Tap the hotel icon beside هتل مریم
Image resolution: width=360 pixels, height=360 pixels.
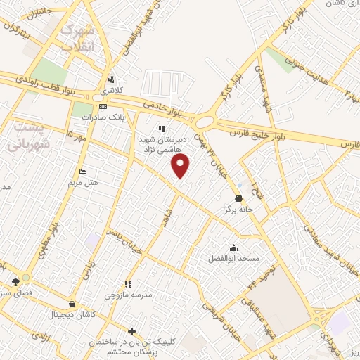[x=83, y=172]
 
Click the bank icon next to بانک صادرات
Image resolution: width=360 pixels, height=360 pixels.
[x=103, y=107]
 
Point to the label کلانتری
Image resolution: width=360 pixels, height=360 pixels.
[x=110, y=91]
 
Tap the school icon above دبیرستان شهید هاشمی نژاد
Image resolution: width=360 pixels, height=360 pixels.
[x=162, y=129]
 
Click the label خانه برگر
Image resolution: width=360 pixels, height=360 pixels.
[x=238, y=210]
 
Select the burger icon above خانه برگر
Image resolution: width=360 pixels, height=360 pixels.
[x=238, y=198]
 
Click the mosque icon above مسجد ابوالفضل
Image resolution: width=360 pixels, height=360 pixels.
[x=233, y=247]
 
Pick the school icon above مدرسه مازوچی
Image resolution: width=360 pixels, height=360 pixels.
[x=128, y=285]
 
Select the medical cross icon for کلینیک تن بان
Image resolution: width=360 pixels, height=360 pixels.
[x=131, y=330]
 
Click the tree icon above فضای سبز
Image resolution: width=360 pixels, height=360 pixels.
[x=16, y=282]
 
